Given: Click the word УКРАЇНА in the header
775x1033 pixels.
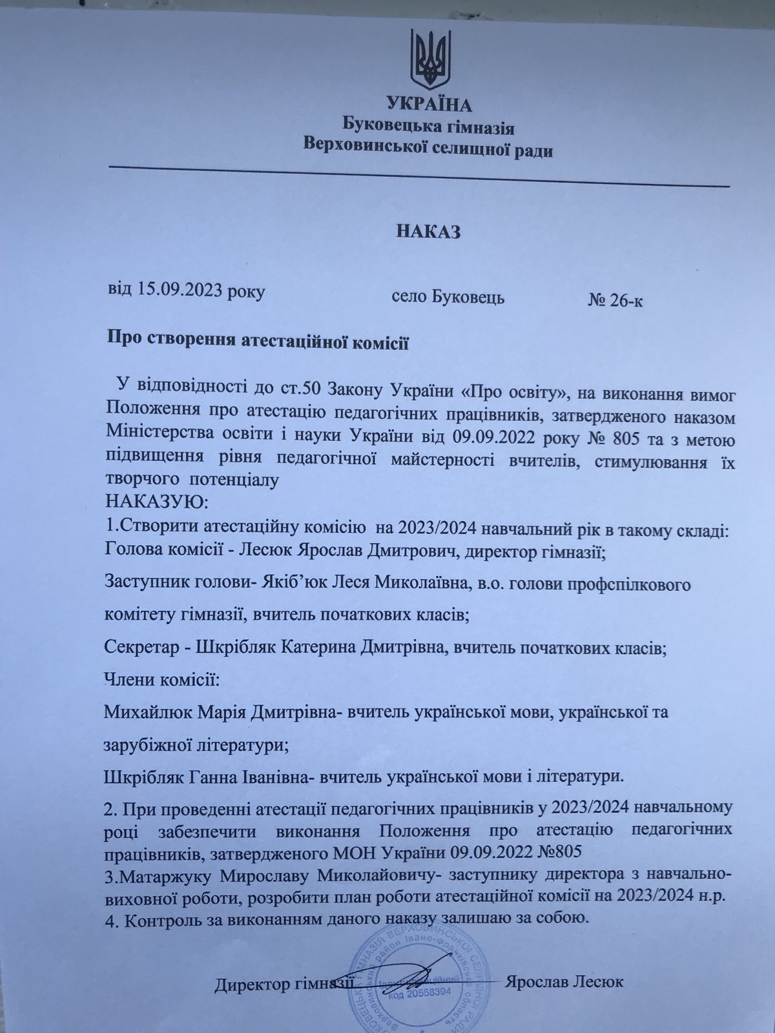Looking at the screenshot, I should (429, 104).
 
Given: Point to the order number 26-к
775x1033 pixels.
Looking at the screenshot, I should (625, 302).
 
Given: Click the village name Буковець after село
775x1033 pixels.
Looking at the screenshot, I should (468, 298).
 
